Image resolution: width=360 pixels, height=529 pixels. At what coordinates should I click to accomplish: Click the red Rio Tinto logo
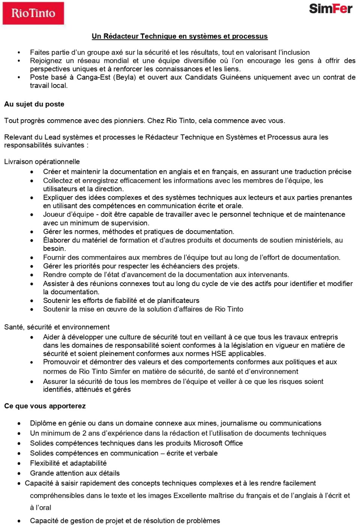(33, 13)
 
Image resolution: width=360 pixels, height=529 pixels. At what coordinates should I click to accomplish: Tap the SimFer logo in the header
(330, 9)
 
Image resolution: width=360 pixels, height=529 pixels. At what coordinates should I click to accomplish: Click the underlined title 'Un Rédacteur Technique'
(180, 36)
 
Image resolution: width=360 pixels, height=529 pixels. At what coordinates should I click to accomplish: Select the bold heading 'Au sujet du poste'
(34, 104)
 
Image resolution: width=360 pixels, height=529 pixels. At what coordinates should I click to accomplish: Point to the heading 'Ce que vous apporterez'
(45, 406)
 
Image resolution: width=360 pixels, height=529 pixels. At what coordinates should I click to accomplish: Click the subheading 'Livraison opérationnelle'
(42, 162)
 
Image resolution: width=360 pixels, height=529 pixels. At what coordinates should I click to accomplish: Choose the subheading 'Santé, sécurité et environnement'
(57, 327)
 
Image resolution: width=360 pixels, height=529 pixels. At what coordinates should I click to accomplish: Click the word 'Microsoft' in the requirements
(208, 443)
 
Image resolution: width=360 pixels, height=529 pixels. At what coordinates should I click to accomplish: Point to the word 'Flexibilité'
(46, 463)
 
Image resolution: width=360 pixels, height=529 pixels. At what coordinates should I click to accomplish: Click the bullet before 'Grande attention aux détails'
(19, 474)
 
